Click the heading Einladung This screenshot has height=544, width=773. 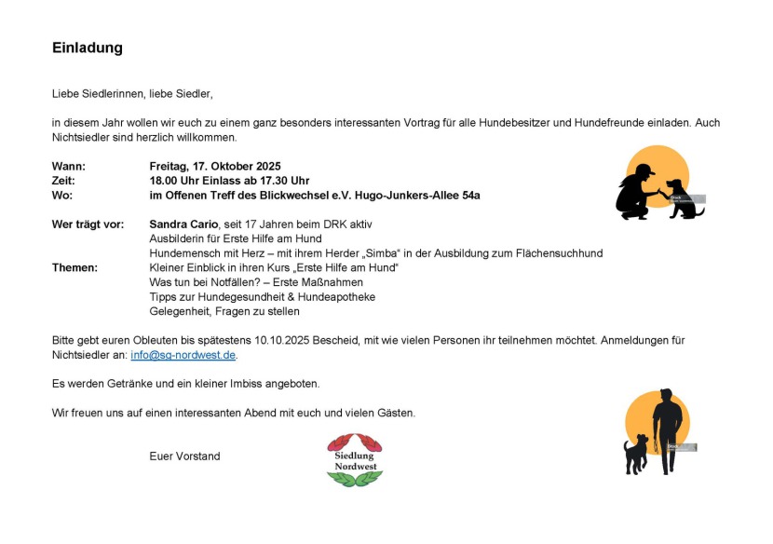tap(88, 48)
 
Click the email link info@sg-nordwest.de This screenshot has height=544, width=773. tap(183, 355)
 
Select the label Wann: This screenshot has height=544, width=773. tap(68, 166)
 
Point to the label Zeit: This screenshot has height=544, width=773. tap(63, 181)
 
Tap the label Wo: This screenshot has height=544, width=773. tap(62, 195)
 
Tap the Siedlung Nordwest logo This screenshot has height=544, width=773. tap(354, 459)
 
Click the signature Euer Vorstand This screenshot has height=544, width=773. tap(184, 456)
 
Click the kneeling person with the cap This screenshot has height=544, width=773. tap(637, 193)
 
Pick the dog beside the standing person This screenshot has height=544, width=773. tap(637, 455)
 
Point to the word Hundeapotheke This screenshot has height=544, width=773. tap(333, 296)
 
